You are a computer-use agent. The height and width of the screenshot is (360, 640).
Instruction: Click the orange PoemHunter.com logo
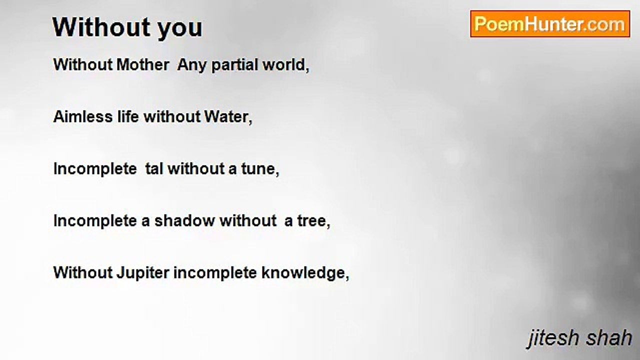[550, 24]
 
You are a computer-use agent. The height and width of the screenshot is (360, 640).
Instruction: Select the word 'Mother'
[142, 64]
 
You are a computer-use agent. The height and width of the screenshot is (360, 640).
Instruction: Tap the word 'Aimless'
[83, 117]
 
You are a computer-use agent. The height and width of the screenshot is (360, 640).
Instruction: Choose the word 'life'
[128, 117]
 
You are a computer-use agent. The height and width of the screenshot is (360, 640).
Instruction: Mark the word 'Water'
[226, 117]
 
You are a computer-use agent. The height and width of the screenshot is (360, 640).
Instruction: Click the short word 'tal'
[154, 169]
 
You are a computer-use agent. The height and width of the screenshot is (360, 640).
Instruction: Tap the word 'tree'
[311, 221]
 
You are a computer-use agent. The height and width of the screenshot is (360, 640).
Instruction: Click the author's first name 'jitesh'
[553, 338]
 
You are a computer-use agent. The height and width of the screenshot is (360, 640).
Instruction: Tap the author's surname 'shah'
[608, 337]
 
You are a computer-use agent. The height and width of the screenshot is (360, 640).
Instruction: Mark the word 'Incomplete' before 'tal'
[95, 169]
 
